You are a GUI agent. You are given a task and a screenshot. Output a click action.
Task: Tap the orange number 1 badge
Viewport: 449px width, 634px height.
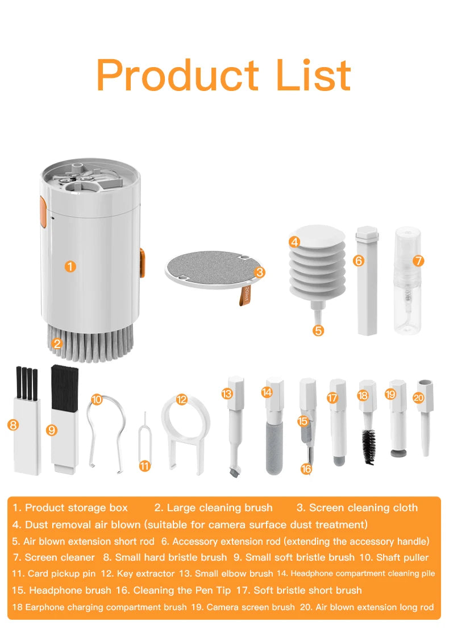tap(70, 266)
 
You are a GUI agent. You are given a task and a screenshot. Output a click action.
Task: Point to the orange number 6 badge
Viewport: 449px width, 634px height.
tap(358, 260)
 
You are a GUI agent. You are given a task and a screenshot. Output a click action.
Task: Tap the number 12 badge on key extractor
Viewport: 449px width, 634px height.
tap(182, 400)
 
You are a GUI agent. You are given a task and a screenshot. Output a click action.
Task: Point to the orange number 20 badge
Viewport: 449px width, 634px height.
tap(419, 398)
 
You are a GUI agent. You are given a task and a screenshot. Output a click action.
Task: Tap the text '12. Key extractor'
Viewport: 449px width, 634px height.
tap(147, 574)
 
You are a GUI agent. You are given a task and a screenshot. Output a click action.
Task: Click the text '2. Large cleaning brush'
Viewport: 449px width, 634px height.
tap(213, 508)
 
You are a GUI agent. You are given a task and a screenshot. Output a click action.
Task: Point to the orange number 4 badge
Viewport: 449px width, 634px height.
tap(294, 242)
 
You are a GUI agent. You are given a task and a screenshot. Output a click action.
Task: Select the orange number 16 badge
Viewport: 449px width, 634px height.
tap(306, 469)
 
